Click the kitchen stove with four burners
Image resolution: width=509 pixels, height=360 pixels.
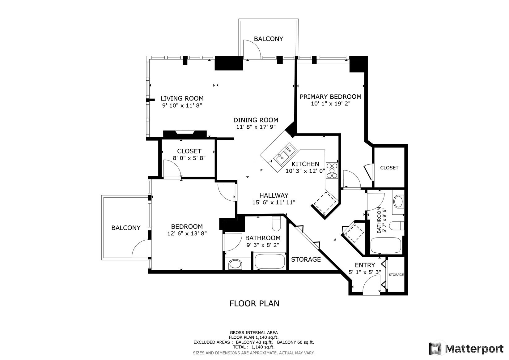click(x=332, y=170)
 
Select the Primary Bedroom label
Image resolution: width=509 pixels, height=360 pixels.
click(x=330, y=97)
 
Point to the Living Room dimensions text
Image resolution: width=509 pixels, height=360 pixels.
click(x=182, y=105)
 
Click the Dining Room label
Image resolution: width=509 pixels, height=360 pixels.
click(x=256, y=120)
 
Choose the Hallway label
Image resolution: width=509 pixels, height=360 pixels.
click(x=274, y=195)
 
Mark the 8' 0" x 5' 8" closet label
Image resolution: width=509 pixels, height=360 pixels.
click(x=189, y=158)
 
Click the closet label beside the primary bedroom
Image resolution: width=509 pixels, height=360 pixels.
click(x=389, y=168)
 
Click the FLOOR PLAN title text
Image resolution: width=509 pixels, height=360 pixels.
click(x=254, y=303)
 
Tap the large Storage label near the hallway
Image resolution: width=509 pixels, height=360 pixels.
click(x=306, y=259)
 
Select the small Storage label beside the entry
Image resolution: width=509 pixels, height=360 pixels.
click(x=396, y=275)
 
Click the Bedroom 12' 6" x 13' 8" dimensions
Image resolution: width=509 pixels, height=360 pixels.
click(x=187, y=233)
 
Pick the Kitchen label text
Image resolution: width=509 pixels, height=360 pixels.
click(x=305, y=164)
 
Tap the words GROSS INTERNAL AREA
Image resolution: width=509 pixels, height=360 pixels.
click(x=254, y=332)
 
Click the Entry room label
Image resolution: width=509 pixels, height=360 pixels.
click(x=365, y=265)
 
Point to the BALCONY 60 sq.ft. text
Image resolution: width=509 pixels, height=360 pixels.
click(x=295, y=342)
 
